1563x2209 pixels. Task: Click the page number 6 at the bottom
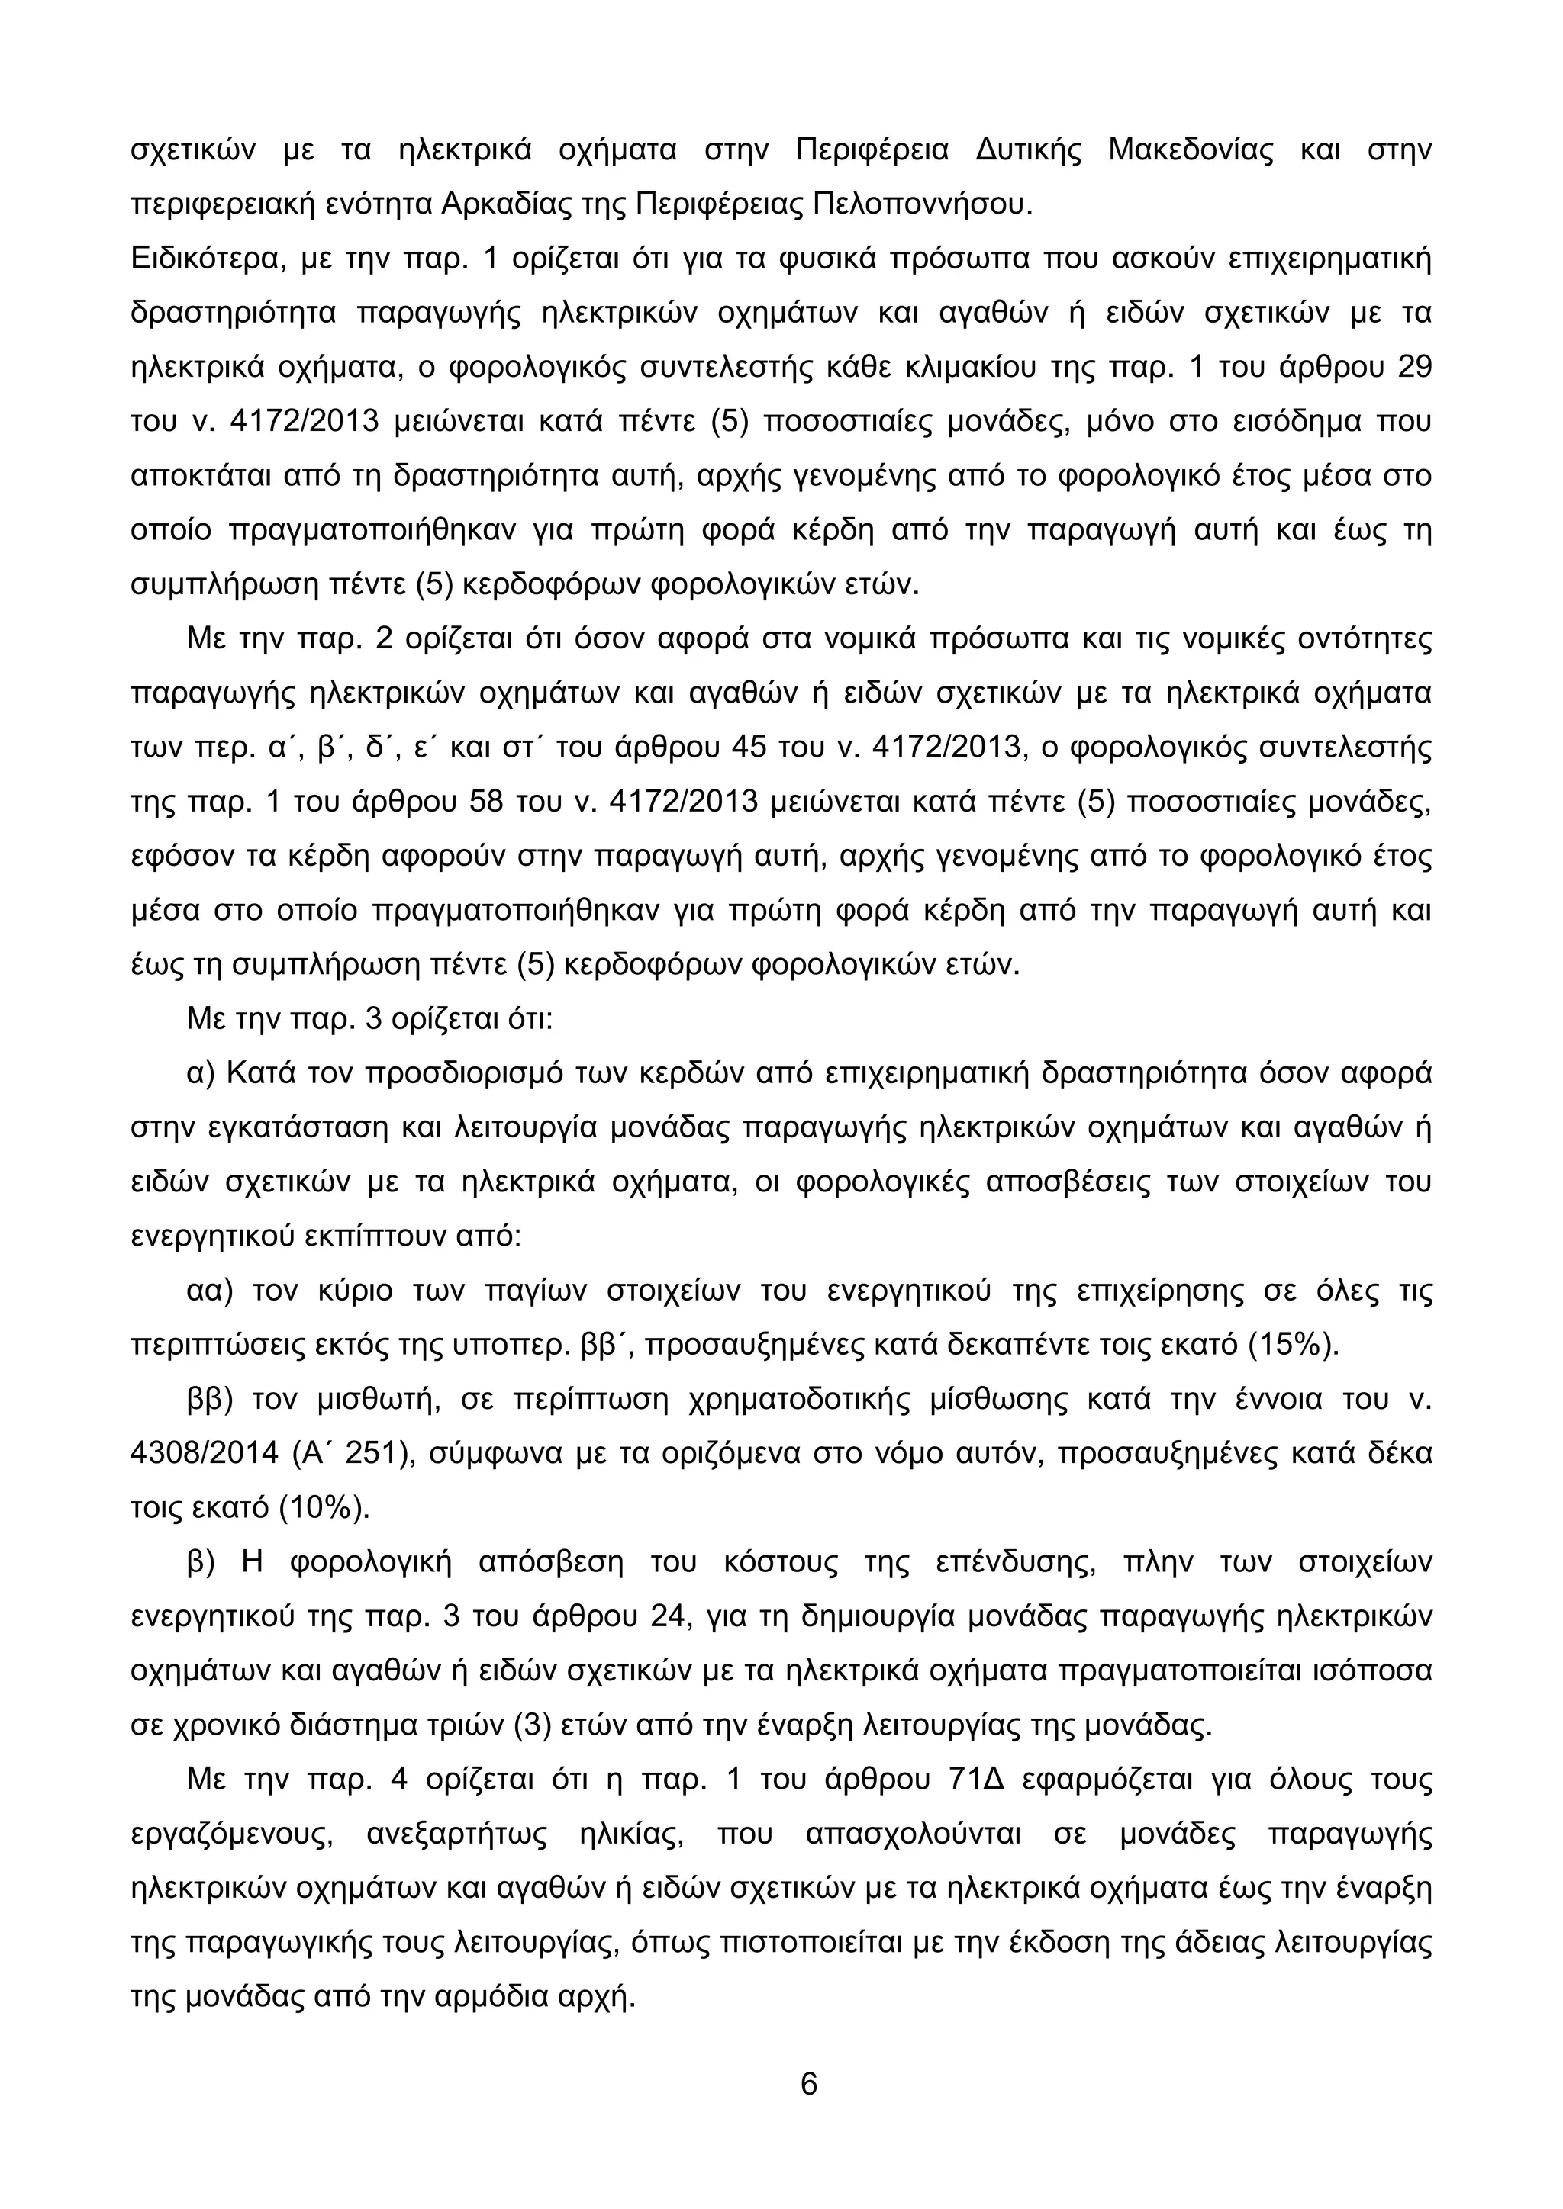[808, 2083]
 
